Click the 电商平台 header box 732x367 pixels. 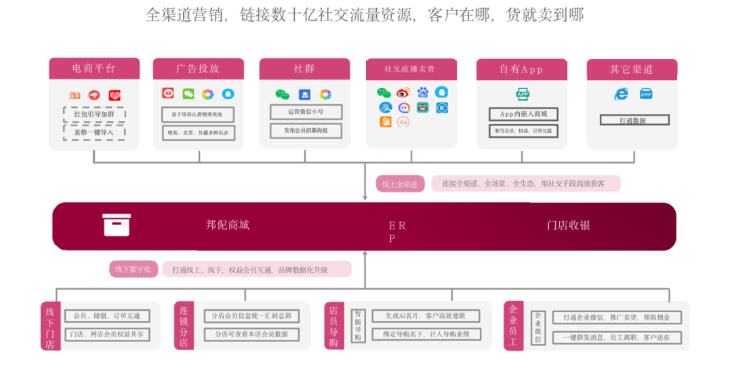[94, 69]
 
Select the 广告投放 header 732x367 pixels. [198, 69]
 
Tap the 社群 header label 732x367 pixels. [304, 69]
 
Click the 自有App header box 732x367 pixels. [521, 69]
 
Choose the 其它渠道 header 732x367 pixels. [632, 69]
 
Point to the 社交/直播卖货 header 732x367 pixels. [410, 69]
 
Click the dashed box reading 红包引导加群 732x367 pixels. [95, 114]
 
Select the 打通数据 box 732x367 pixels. [634, 120]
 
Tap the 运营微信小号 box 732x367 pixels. [306, 112]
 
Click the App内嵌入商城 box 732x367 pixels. [523, 113]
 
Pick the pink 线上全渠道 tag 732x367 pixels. [400, 183]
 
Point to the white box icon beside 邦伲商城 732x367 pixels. [117, 225]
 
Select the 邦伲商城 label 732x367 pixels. [228, 225]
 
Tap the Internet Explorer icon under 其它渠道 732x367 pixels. [621, 94]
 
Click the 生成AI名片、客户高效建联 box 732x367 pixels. [426, 316]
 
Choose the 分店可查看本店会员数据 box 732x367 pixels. [251, 334]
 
